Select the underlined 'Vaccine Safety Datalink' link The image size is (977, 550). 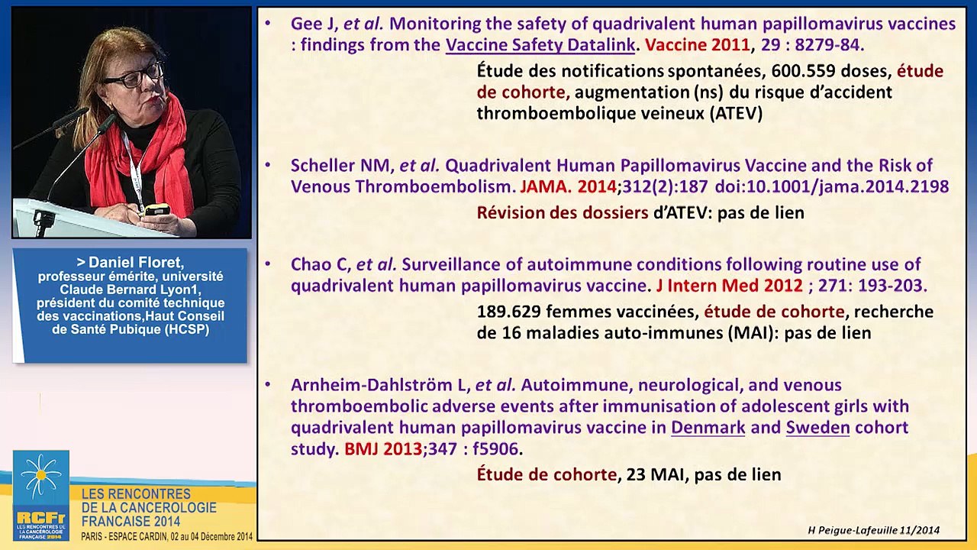click(x=540, y=45)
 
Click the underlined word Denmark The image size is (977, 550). click(x=708, y=427)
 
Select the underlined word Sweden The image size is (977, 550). click(x=817, y=427)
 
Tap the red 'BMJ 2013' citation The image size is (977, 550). click(x=382, y=448)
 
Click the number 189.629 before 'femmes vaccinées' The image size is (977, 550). click(x=508, y=312)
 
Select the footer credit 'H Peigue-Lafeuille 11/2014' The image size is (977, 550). click(x=873, y=530)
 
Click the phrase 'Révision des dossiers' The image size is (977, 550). click(x=563, y=212)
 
